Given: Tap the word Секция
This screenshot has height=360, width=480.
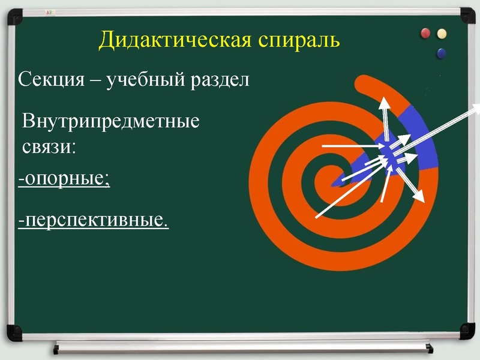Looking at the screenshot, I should click(x=50, y=80).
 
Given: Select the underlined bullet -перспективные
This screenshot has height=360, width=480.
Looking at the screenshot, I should click(x=93, y=221).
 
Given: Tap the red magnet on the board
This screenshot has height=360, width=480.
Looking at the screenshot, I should click(x=427, y=32).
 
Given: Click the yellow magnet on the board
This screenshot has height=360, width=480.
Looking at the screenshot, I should click(x=442, y=33).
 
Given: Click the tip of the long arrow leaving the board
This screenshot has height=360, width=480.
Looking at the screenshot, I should click(x=477, y=106).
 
